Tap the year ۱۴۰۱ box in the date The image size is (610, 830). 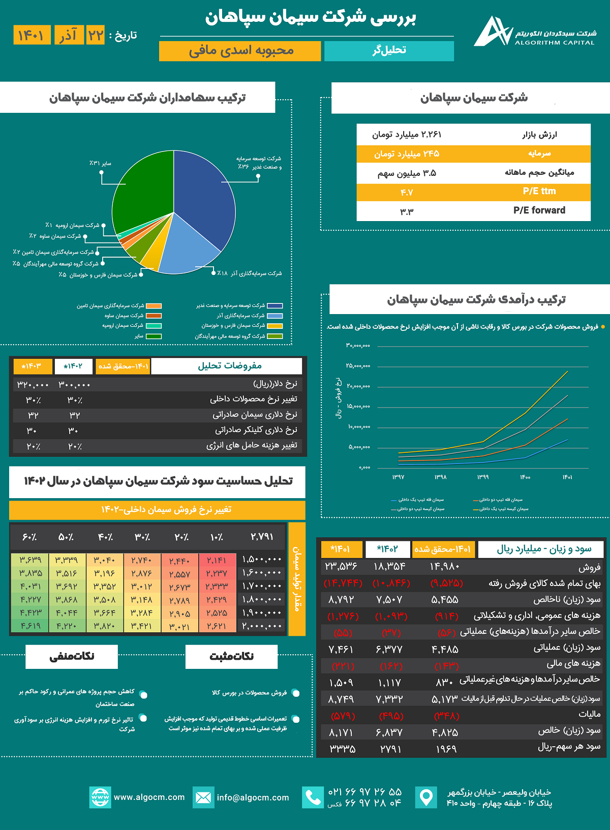(32, 35)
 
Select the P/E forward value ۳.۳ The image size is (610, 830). (406, 211)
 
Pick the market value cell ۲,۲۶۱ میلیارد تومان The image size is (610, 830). (406, 135)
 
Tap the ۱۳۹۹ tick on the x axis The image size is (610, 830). (482, 477)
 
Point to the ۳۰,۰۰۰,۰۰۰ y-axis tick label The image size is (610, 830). (358, 346)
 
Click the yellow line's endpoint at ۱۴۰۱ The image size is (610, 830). (568, 372)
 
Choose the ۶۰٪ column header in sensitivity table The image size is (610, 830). (29, 537)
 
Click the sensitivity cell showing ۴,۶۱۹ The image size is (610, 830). (30, 626)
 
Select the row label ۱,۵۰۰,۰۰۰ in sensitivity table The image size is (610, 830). (262, 560)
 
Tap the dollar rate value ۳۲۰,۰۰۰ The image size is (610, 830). (33, 385)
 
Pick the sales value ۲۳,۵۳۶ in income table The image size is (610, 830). (341, 566)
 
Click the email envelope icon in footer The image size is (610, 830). (203, 797)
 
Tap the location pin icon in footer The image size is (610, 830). (426, 797)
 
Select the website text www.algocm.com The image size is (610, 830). (149, 797)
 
